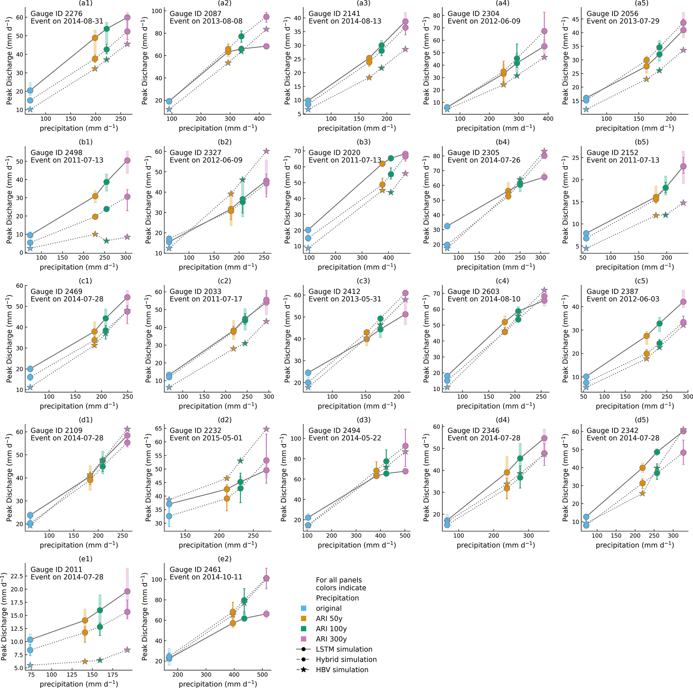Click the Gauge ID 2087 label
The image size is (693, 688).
[x=195, y=14]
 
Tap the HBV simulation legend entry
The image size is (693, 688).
[x=342, y=670]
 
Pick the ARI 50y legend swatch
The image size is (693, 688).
[x=303, y=618]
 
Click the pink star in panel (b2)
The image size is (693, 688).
[x=266, y=151]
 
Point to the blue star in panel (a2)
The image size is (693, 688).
[x=169, y=109]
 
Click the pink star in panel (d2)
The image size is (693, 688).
[x=266, y=429]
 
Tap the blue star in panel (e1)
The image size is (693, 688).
[x=30, y=665]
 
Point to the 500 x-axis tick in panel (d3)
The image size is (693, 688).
[x=405, y=536]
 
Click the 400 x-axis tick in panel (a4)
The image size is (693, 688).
[x=548, y=119]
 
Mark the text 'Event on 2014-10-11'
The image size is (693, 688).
[x=206, y=577]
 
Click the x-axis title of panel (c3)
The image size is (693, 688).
[x=356, y=406]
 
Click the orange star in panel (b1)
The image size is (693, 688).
[x=95, y=234]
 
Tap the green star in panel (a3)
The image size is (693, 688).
[x=381, y=68]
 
